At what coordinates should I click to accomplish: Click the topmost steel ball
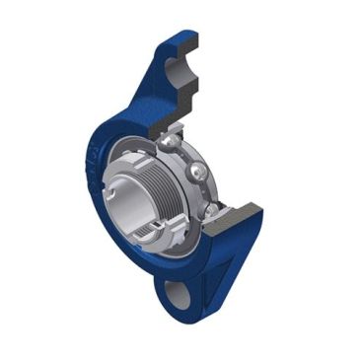click(174, 144)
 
